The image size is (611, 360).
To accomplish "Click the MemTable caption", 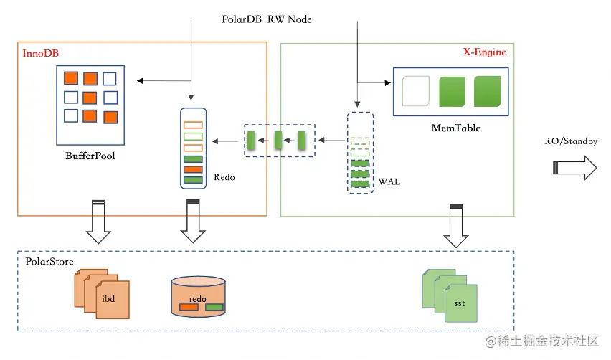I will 456,128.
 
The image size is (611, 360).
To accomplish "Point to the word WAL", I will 392,182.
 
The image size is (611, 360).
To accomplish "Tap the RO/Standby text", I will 571,141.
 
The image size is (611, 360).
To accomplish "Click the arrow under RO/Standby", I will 574,169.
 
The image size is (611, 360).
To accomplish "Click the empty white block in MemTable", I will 415,93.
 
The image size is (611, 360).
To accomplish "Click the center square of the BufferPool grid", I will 90,98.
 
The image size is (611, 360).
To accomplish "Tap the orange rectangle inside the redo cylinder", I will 189,307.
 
